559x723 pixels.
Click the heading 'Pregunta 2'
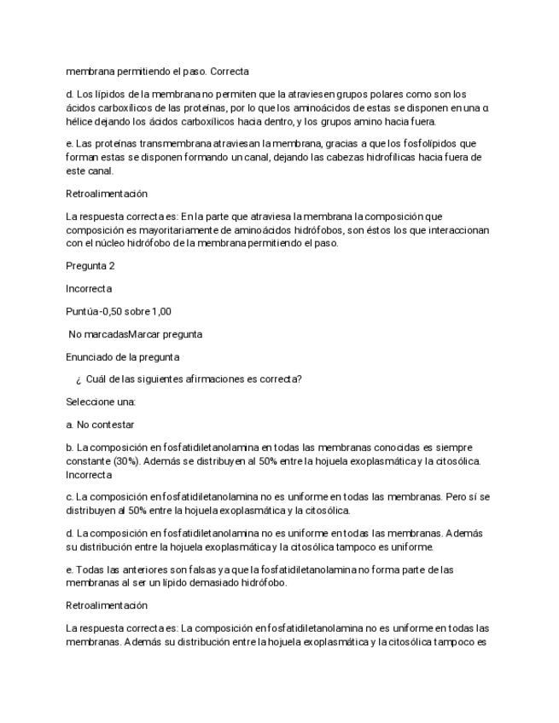[x=94, y=265]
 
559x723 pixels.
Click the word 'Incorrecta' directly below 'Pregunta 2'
[x=88, y=288]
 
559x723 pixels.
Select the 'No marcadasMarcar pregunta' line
[x=136, y=333]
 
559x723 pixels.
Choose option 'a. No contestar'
[x=100, y=425]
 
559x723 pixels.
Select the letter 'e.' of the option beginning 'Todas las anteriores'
[x=70, y=570]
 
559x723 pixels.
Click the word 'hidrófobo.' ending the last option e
[x=262, y=583]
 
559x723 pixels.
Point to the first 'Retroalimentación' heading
[x=107, y=194]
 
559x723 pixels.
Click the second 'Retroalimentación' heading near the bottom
[x=107, y=606]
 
